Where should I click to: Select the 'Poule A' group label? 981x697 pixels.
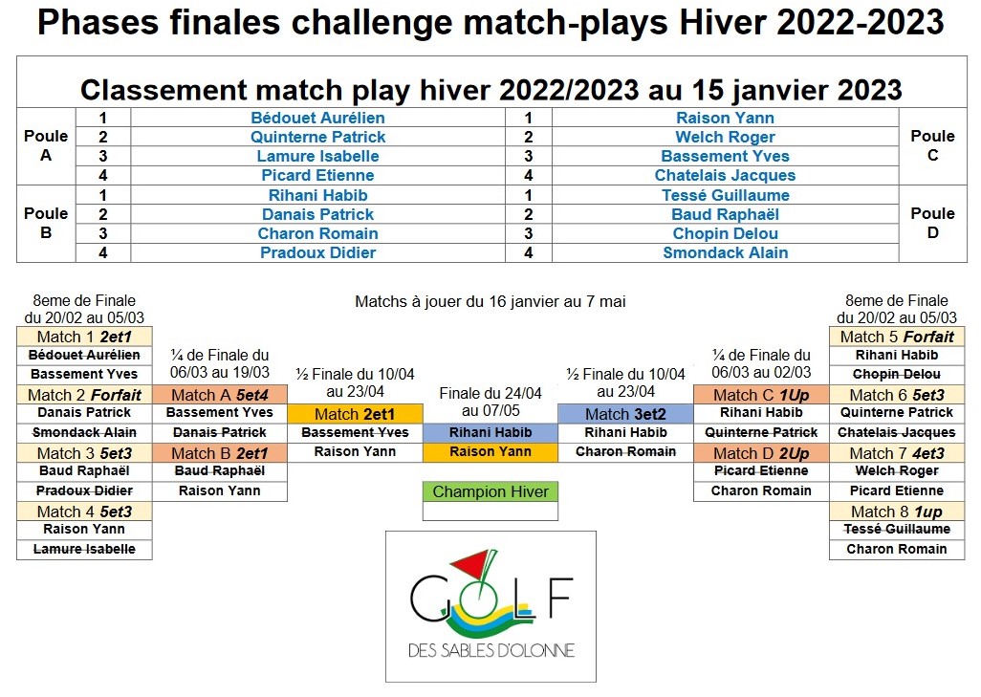tap(46, 145)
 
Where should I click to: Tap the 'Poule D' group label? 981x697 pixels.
tap(932, 223)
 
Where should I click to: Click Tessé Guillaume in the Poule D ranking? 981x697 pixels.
tap(725, 195)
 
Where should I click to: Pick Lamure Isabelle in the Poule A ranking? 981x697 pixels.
tap(317, 157)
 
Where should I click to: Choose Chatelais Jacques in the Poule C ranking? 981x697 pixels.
tap(725, 176)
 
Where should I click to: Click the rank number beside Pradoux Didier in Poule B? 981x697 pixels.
tap(103, 252)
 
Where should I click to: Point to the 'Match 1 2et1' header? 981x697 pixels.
tap(84, 337)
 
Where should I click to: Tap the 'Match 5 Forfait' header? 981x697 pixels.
tap(897, 337)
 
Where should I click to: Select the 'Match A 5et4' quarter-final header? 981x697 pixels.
tap(220, 395)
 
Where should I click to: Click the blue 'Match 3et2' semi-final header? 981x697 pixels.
tap(625, 414)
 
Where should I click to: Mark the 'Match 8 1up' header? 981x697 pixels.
tap(897, 512)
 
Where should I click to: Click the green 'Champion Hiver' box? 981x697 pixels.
tap(490, 491)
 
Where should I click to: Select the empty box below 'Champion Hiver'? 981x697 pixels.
tap(490, 512)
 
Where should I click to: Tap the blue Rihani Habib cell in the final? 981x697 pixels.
tap(490, 432)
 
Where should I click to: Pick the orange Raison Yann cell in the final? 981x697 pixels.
tap(490, 451)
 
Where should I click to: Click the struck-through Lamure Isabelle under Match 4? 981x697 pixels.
tap(84, 550)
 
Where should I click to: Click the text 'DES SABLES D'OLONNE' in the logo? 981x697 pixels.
tap(491, 651)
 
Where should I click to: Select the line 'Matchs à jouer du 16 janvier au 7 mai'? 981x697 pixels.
tap(490, 301)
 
